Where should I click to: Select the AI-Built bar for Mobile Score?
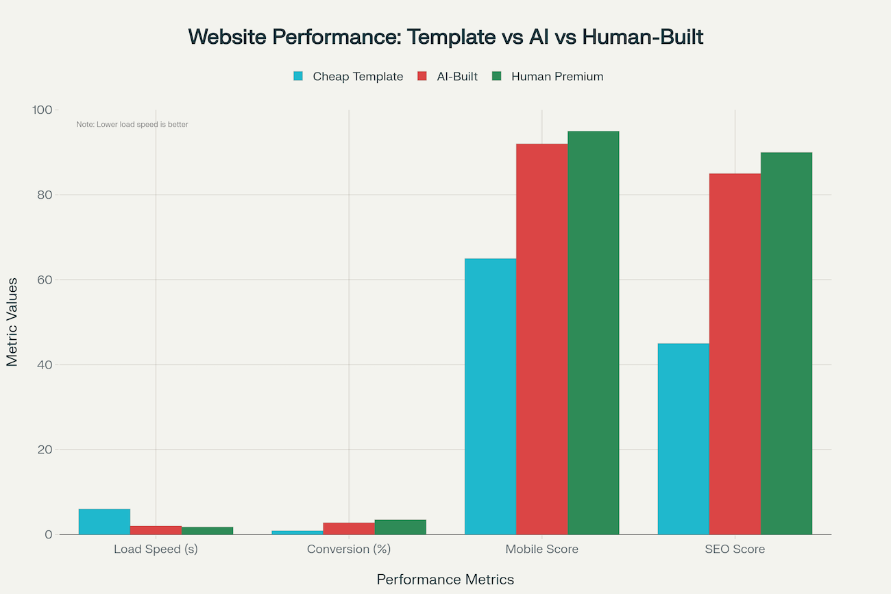pyautogui.click(x=541, y=339)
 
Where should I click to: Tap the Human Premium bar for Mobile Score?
pyautogui.click(x=593, y=332)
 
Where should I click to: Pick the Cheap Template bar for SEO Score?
pyautogui.click(x=683, y=438)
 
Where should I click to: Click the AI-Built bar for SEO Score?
pyautogui.click(x=735, y=354)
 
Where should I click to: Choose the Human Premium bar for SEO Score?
pyautogui.click(x=786, y=343)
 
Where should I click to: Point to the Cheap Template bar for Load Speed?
pyautogui.click(x=104, y=521)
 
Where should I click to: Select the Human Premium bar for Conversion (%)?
pyautogui.click(x=400, y=527)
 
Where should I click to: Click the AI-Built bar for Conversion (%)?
pyautogui.click(x=349, y=528)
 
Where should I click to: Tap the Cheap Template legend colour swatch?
pyautogui.click(x=298, y=76)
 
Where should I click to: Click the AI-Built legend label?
pyautogui.click(x=457, y=76)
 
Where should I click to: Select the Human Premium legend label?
pyautogui.click(x=557, y=76)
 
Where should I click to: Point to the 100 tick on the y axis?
pyautogui.click(x=42, y=110)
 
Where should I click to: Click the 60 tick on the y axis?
pyautogui.click(x=45, y=280)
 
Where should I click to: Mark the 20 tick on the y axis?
pyautogui.click(x=45, y=449)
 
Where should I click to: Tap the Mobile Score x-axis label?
pyautogui.click(x=541, y=549)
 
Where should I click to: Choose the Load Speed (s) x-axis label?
pyautogui.click(x=156, y=549)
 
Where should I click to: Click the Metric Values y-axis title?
pyautogui.click(x=12, y=322)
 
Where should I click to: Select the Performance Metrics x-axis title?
pyautogui.click(x=445, y=580)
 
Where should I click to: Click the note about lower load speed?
pyautogui.click(x=132, y=125)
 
